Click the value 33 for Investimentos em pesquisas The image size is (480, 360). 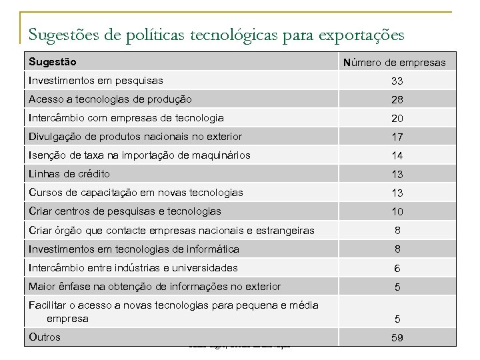click(x=397, y=81)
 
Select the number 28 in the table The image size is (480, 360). click(x=397, y=100)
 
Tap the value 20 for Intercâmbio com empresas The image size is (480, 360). click(x=397, y=119)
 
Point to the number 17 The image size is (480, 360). click(x=397, y=137)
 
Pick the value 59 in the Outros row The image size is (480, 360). click(x=397, y=338)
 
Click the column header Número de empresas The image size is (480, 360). click(x=394, y=63)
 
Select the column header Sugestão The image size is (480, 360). click(x=53, y=62)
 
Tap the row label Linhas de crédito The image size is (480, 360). click(x=69, y=174)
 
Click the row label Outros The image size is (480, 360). click(x=45, y=337)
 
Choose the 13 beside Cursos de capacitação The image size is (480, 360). click(x=397, y=193)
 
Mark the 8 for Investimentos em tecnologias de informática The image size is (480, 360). click(x=397, y=249)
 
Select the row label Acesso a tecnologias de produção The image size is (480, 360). click(x=110, y=99)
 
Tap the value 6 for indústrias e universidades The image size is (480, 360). click(x=397, y=268)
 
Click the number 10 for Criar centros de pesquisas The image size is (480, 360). click(x=397, y=212)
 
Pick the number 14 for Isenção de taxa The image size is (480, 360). click(x=397, y=156)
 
